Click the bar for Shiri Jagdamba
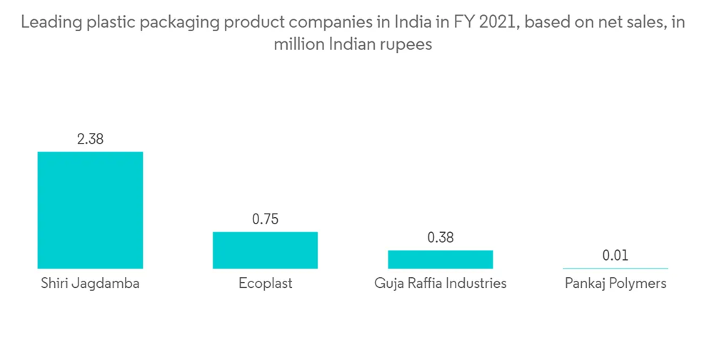[x=90, y=210]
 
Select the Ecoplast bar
[x=265, y=250]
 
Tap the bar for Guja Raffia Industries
[x=441, y=259]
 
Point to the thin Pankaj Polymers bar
[x=615, y=268]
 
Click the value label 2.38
[x=90, y=139]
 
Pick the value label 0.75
[x=265, y=219]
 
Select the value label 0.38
[x=441, y=238]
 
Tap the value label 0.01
[x=615, y=255]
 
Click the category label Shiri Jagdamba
[x=90, y=284]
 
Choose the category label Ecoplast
[x=265, y=284]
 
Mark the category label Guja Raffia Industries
[x=441, y=284]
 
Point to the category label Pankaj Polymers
[x=615, y=284]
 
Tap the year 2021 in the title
[x=496, y=23]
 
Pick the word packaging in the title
[x=179, y=23]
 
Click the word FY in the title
[x=460, y=23]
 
